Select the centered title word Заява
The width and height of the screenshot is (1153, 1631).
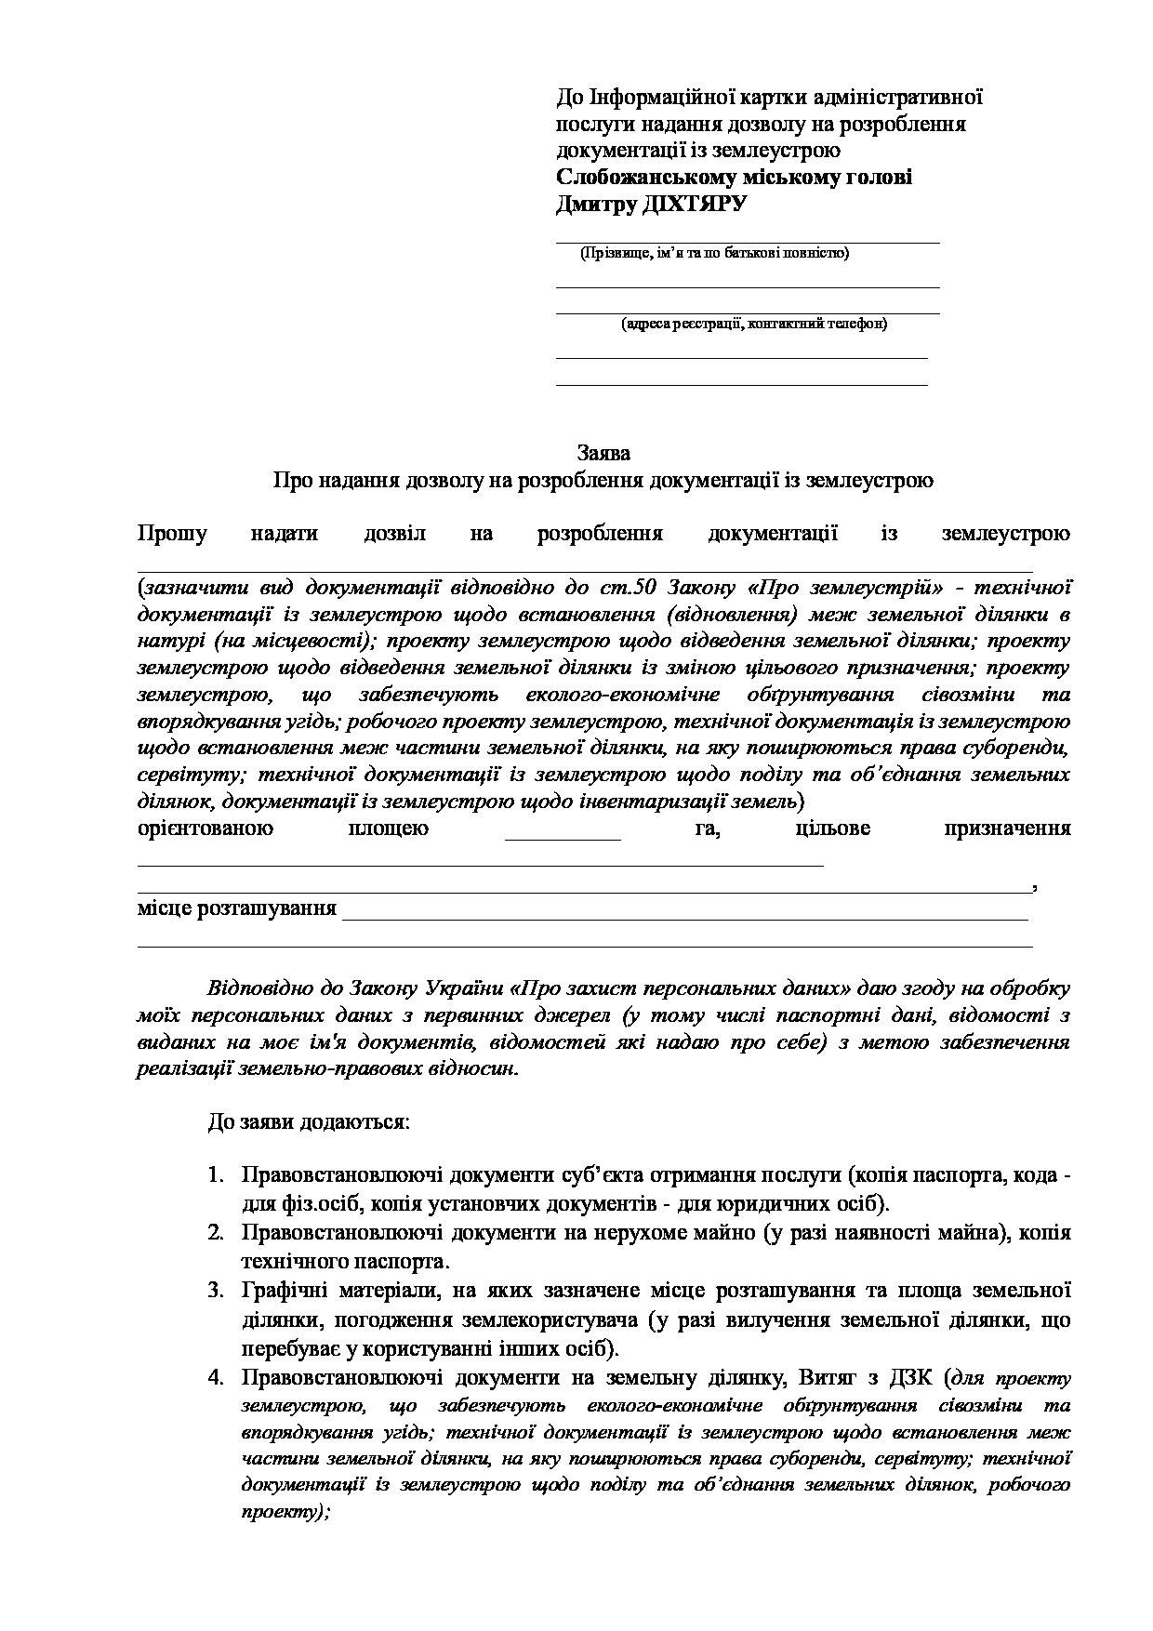click(603, 453)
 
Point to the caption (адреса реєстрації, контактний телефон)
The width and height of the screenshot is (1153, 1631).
click(754, 324)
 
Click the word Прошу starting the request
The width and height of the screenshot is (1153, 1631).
click(173, 534)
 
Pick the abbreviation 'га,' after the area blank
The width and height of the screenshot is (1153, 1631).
click(706, 829)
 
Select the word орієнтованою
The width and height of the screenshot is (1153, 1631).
click(205, 829)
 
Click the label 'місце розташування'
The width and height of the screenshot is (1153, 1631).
click(237, 908)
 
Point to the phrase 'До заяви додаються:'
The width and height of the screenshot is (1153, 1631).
click(308, 1121)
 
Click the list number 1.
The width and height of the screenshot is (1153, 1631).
click(215, 1176)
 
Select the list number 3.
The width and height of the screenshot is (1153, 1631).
click(215, 1291)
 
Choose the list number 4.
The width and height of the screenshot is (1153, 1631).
click(215, 1376)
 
